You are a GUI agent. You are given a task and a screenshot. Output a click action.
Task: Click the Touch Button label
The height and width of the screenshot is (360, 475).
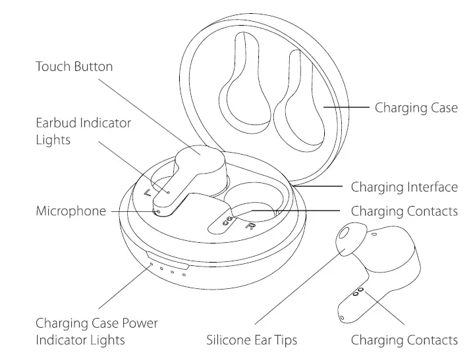pyautogui.click(x=74, y=66)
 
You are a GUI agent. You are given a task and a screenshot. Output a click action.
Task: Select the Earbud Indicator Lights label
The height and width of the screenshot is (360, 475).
pyautogui.click(x=83, y=132)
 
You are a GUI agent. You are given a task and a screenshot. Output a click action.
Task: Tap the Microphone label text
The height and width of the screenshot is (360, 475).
pyautogui.click(x=70, y=211)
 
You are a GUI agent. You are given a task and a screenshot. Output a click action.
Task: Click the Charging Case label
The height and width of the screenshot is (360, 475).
pyautogui.click(x=416, y=107)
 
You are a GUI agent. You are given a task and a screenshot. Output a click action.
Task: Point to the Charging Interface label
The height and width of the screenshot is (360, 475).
pyautogui.click(x=404, y=188)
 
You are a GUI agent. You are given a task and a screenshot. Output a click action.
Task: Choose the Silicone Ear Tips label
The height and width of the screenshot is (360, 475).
pyautogui.click(x=252, y=340)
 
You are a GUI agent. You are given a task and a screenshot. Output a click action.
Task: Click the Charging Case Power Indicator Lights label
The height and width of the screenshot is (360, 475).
pyautogui.click(x=96, y=332)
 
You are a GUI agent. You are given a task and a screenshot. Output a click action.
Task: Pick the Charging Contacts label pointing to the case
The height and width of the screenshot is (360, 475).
pyautogui.click(x=404, y=211)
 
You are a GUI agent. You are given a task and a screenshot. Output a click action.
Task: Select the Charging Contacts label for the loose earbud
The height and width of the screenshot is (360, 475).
pyautogui.click(x=404, y=340)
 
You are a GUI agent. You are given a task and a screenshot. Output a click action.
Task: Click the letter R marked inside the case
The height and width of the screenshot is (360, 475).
pyautogui.click(x=250, y=226)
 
